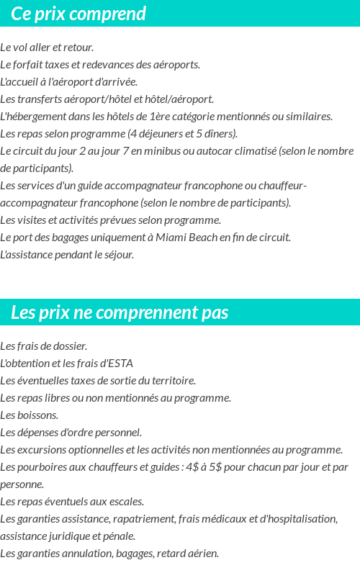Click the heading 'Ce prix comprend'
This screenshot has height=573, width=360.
78,14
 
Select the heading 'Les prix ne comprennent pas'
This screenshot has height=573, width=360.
120,312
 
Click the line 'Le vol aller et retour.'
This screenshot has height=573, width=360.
47,48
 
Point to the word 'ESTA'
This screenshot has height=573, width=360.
120,364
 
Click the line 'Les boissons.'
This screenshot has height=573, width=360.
30,415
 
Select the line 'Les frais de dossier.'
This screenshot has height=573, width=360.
43,346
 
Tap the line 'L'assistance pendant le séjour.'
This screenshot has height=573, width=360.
67,255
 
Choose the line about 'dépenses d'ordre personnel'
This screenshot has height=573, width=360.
71,433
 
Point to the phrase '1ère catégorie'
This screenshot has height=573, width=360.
183,117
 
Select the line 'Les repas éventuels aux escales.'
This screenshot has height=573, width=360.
72,502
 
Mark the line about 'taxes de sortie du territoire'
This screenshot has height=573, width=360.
98,381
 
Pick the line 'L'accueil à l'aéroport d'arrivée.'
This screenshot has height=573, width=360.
68,82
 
